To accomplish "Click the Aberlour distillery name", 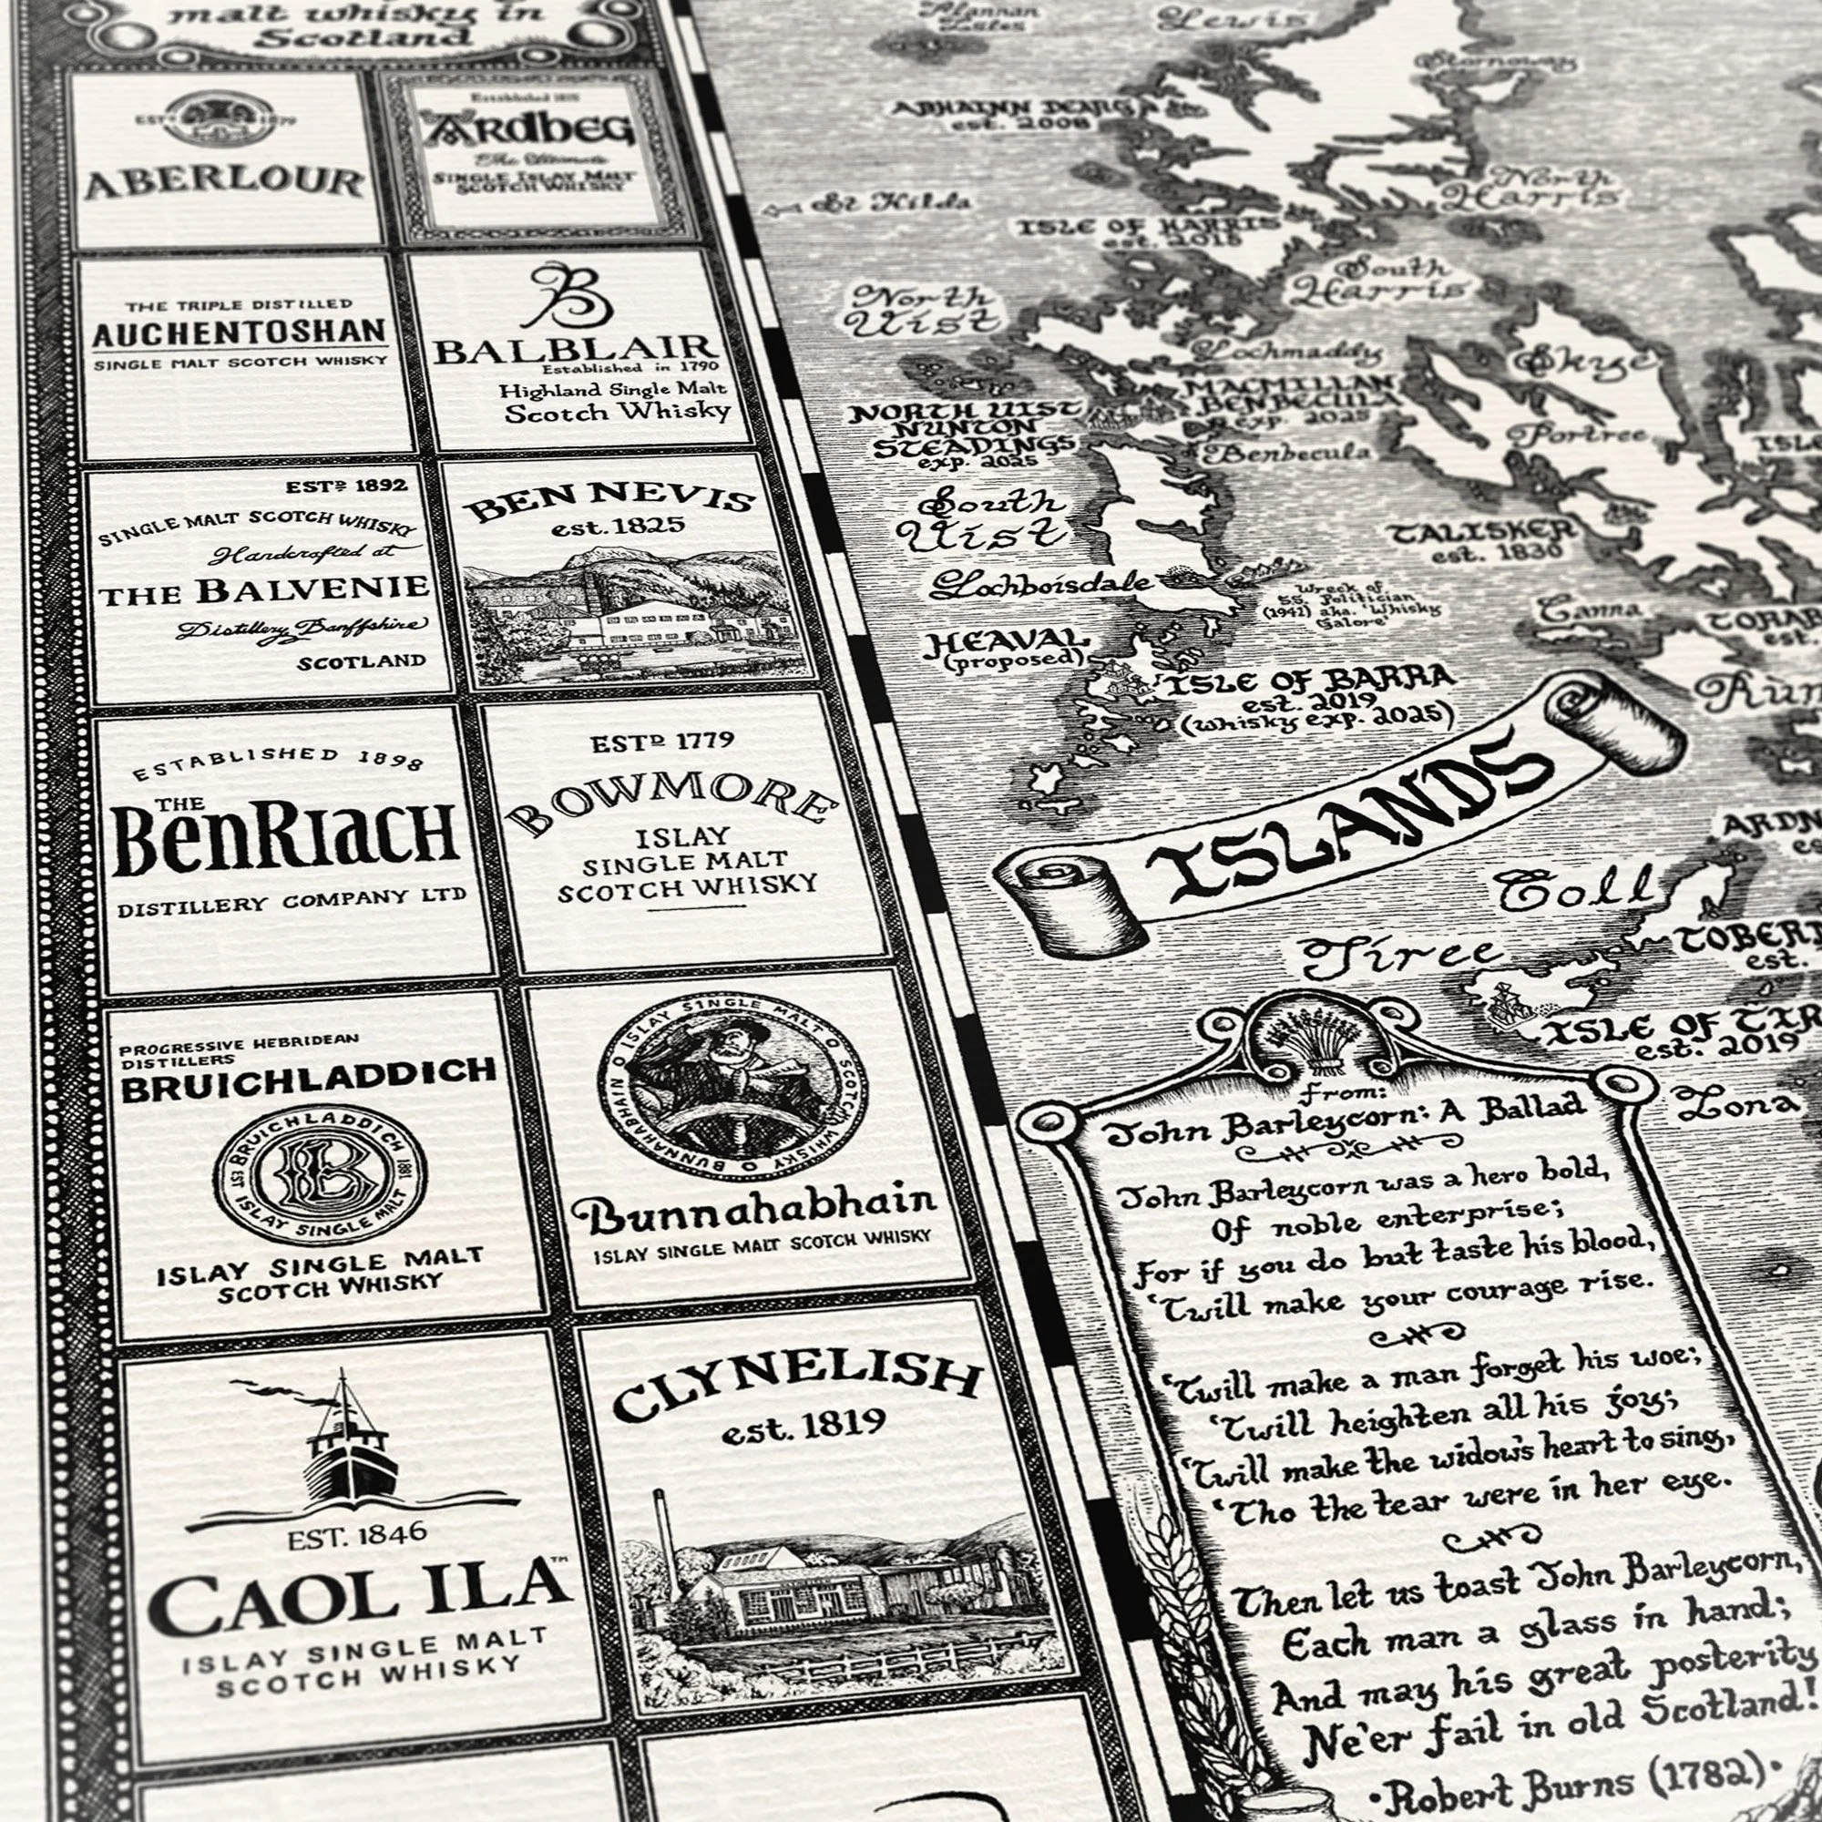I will pos(224,182).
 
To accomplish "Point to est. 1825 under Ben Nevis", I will pos(618,527).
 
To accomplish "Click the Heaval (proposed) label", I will pos(1008,650).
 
